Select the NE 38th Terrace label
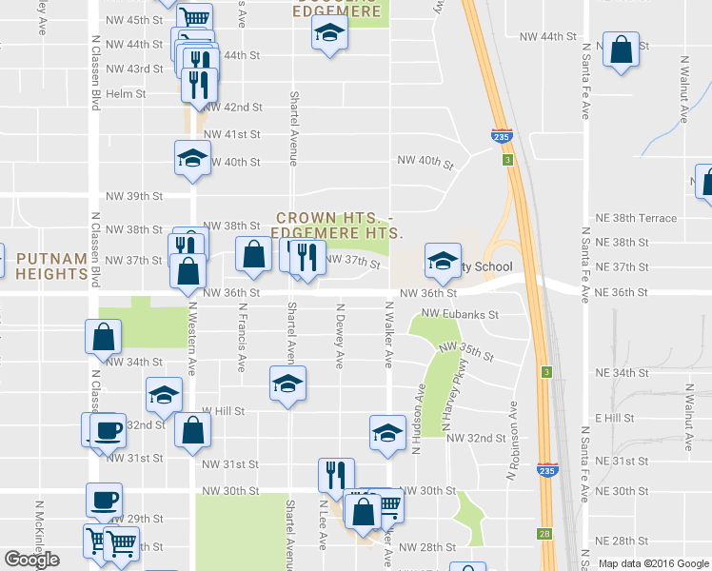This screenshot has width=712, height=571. point(635,218)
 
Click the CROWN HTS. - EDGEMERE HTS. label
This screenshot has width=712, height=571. point(338,225)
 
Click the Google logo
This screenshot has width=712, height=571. point(32,560)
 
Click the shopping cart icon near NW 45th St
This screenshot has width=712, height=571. point(194,16)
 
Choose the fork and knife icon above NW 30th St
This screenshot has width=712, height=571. point(336,474)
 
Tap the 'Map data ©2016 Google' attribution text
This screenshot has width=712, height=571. point(654,563)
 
